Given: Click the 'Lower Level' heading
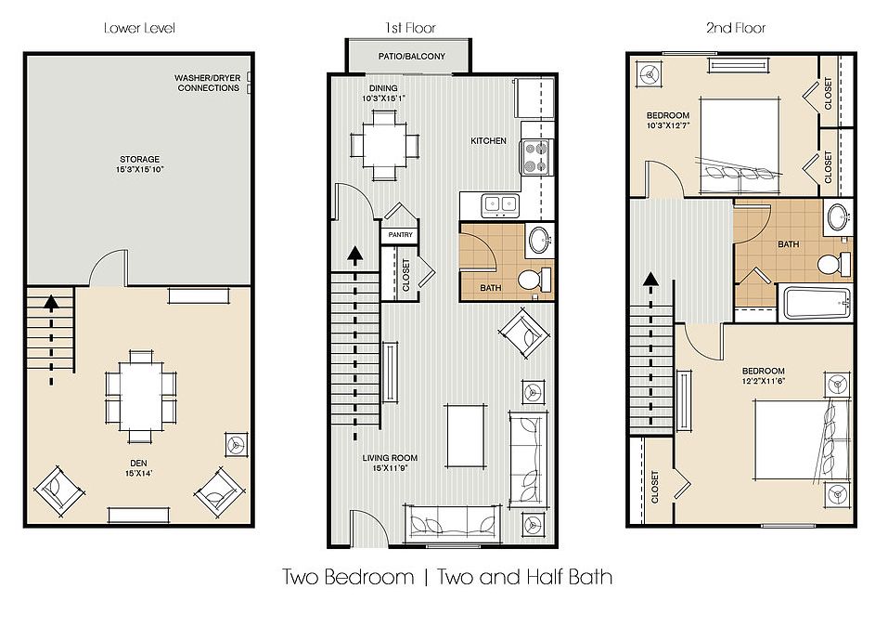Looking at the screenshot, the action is coord(139,28).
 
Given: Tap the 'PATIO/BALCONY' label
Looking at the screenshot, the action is coord(412,57).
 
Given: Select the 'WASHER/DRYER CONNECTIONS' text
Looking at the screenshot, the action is coord(208,83).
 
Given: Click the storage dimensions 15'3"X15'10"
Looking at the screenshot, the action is coord(140,169).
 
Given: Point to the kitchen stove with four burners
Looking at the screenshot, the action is coord(535,157).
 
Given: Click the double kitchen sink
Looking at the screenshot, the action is coord(500,204).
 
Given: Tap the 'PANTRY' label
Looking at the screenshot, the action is coord(400,235).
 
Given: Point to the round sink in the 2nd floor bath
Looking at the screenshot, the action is coord(837,217).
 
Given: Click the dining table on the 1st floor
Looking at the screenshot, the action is coord(385,145).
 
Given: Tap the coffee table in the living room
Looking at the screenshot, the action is coord(466,436).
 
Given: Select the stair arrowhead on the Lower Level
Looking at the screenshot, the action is coord(51,303).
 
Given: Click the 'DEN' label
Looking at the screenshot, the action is coord(139,464).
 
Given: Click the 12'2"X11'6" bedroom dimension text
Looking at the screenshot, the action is coord(764,381).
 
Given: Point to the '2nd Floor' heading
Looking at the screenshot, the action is coord(736,28).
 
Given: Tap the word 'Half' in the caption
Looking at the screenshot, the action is coord(544,577).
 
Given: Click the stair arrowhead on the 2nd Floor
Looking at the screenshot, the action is coord(650,279).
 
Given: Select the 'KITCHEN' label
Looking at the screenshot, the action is coord(488,141).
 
